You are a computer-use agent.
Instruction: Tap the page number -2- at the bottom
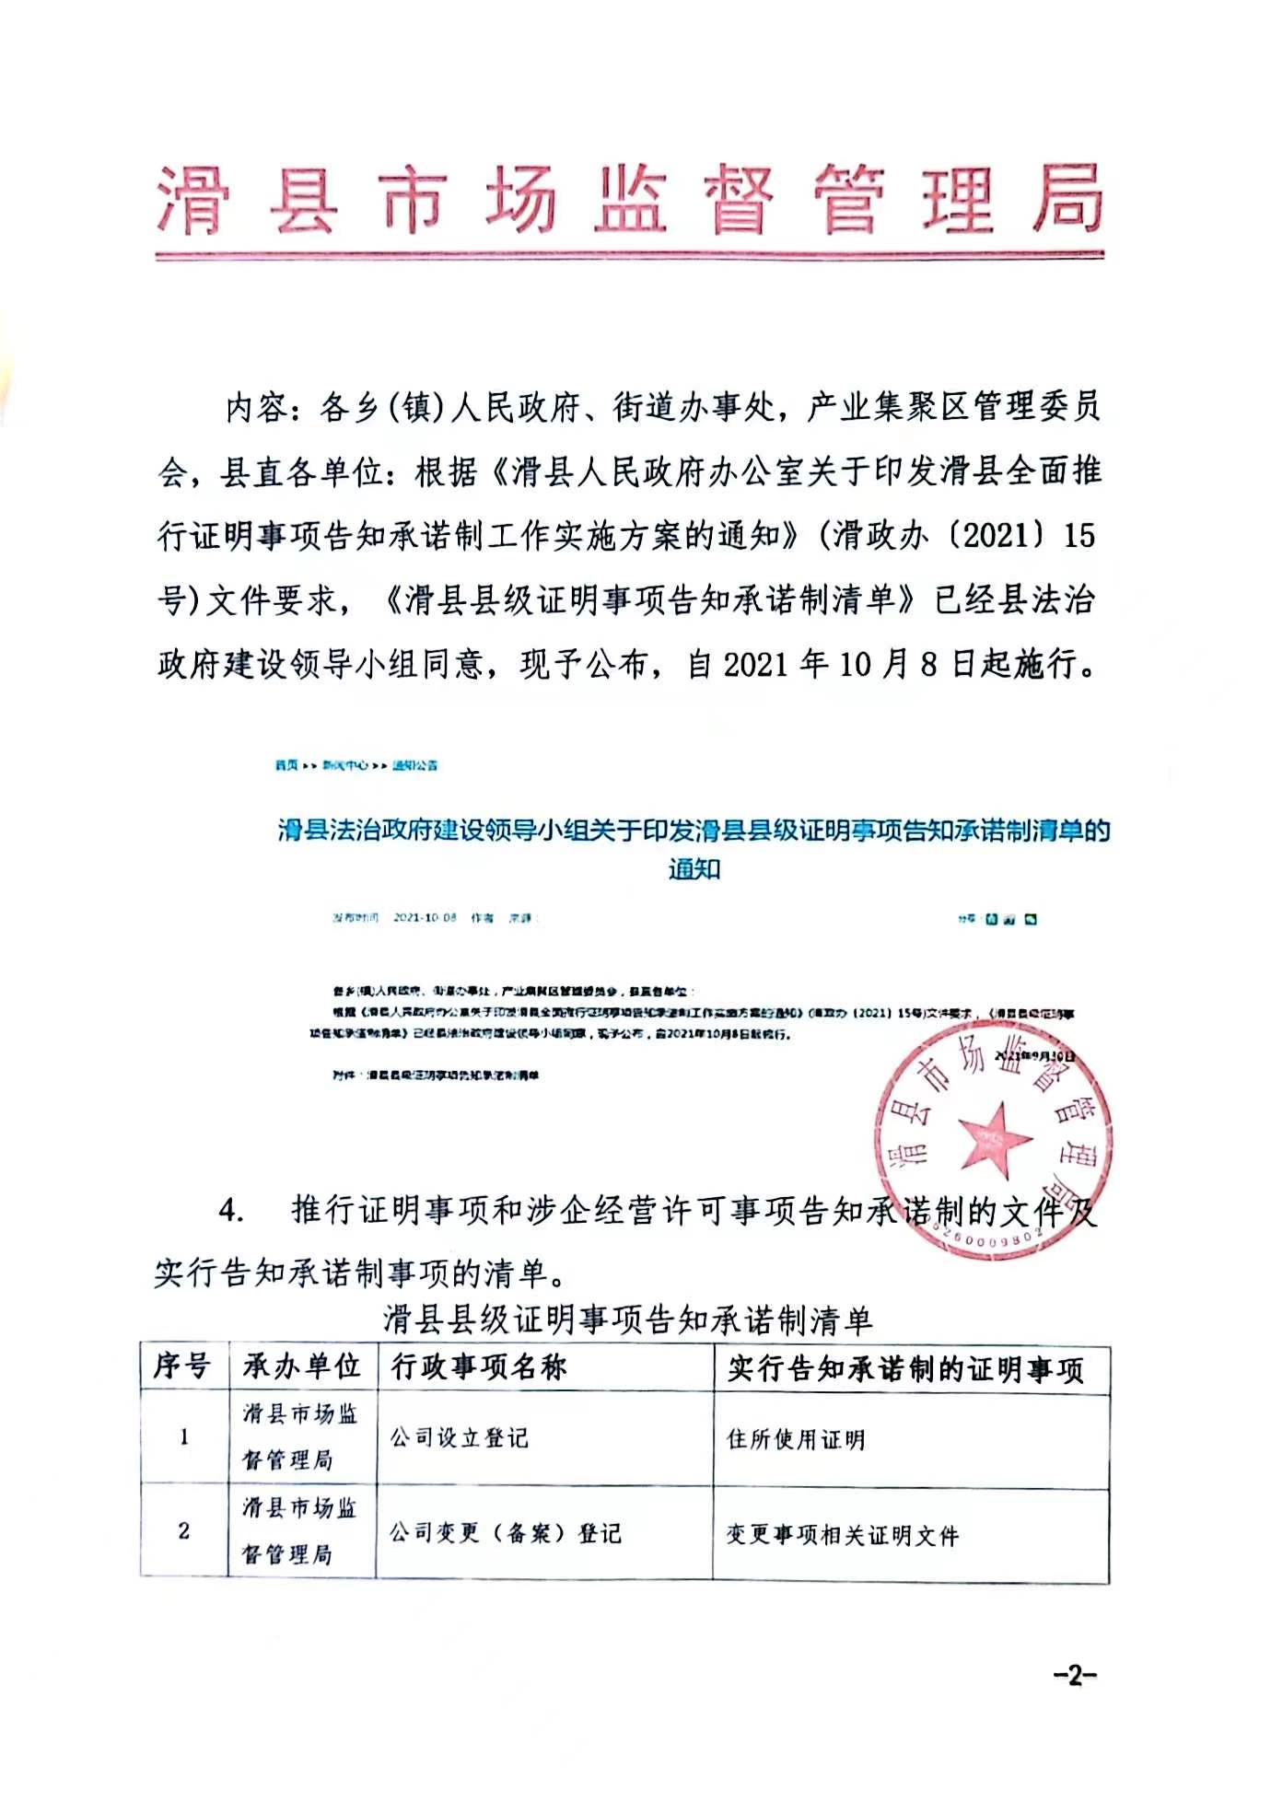(1075, 1675)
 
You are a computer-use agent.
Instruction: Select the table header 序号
(182, 1366)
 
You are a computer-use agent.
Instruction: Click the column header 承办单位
(301, 1366)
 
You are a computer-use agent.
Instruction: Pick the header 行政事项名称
(479, 1366)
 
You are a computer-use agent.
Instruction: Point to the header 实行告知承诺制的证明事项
(906, 1369)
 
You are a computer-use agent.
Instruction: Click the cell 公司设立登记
(459, 1437)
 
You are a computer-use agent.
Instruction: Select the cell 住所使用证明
(796, 1439)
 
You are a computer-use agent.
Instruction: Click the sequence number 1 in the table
(183, 1437)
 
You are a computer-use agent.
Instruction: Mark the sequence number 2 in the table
(183, 1531)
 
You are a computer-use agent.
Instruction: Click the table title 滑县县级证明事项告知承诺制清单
(627, 1321)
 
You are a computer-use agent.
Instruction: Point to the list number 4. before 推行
(231, 1210)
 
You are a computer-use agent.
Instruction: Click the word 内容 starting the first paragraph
(256, 407)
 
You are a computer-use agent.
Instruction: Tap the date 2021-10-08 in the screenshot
(425, 918)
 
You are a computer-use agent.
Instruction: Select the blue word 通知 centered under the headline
(694, 868)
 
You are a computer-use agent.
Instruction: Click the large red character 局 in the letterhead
(1067, 198)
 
